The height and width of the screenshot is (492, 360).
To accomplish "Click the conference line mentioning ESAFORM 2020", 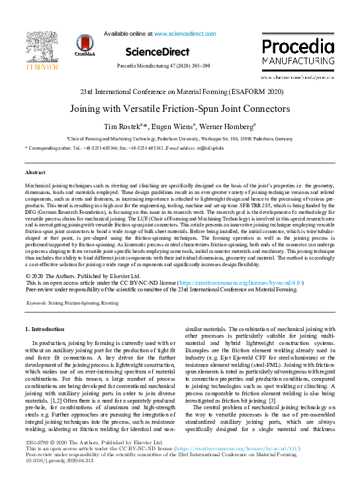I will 180,91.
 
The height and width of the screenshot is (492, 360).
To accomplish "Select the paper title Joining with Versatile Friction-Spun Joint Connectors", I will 180,108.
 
